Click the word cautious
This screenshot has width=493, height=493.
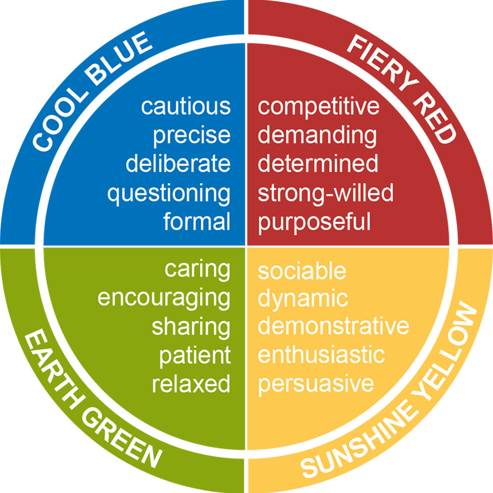coord(186,107)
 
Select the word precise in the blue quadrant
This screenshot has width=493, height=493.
coord(192,136)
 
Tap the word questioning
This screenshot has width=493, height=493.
coord(169,194)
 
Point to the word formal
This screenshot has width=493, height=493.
coord(197,222)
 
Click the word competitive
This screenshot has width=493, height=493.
coord(319,107)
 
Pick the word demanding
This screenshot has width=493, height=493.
coord(317,136)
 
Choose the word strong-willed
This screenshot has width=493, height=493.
coord(325,194)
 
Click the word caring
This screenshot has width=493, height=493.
coord(197,270)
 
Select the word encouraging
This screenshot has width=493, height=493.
coord(164,299)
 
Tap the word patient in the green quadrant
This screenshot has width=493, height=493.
coord(195,355)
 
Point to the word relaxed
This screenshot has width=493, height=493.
coord(191,384)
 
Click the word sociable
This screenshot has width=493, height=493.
coord(302,271)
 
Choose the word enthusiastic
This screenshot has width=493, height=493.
coord(321,355)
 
